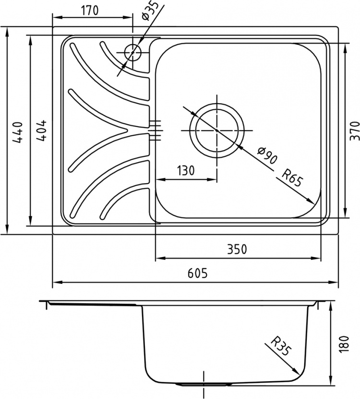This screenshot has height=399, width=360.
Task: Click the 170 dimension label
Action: pyautogui.click(x=90, y=11)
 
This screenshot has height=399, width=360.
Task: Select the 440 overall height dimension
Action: pyautogui.click(x=18, y=131)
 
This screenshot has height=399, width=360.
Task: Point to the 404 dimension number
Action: pyautogui.click(x=41, y=130)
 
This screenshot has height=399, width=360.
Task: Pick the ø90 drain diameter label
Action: pyautogui.click(x=267, y=156)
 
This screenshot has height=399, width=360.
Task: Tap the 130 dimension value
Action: pyautogui.click(x=186, y=171)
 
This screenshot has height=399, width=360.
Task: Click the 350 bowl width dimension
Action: pyautogui.click(x=237, y=249)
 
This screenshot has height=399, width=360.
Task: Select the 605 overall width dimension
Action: pyautogui.click(x=198, y=273)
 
